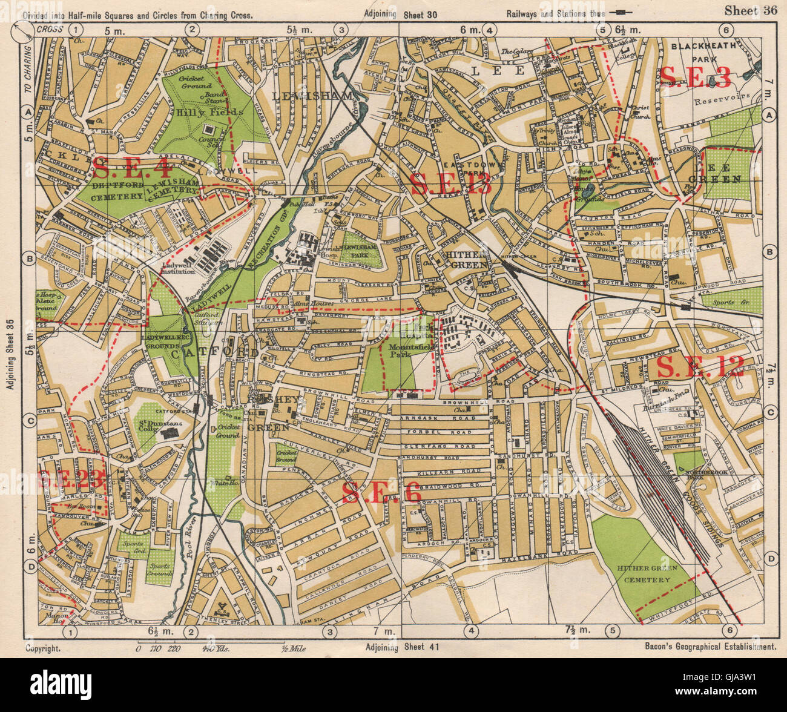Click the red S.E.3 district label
(x=695, y=77)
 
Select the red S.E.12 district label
(x=700, y=367)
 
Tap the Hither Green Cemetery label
(x=644, y=574)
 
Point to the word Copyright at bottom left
(x=43, y=647)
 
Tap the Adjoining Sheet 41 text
(x=403, y=647)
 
